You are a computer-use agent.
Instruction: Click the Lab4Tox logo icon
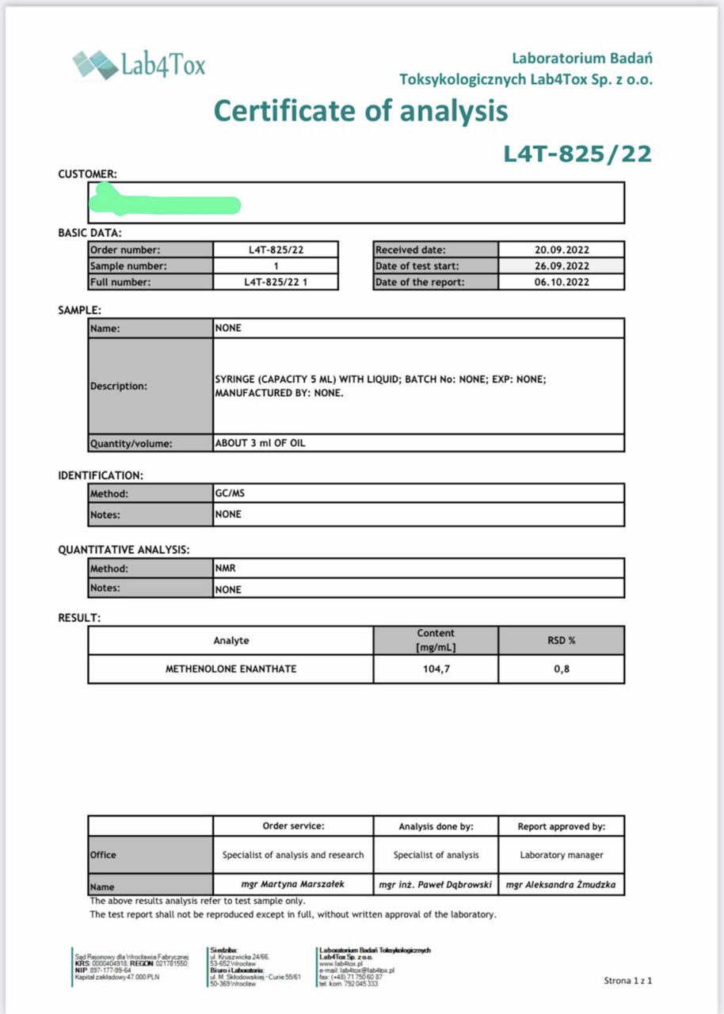coord(95,64)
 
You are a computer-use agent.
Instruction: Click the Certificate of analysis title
coord(361,110)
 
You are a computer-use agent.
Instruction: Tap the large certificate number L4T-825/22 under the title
coord(577,153)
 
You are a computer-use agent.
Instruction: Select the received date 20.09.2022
coord(561,250)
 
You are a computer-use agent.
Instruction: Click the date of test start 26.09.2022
coord(561,266)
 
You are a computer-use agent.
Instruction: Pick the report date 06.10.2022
coord(561,282)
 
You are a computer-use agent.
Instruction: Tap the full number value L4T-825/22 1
coord(276,282)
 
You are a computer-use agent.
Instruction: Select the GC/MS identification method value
coord(227,494)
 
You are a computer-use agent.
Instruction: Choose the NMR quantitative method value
coord(226,568)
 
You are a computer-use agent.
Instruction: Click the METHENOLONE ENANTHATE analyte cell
coord(231,669)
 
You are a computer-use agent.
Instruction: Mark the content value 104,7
coord(436,669)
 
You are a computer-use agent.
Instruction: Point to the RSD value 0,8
coord(561,669)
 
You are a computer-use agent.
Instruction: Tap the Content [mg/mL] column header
coord(436,640)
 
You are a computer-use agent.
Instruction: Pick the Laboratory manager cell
coord(562,855)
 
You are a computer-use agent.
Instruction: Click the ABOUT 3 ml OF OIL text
coord(260,444)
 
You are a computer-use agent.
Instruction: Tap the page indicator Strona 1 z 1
coord(627,981)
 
